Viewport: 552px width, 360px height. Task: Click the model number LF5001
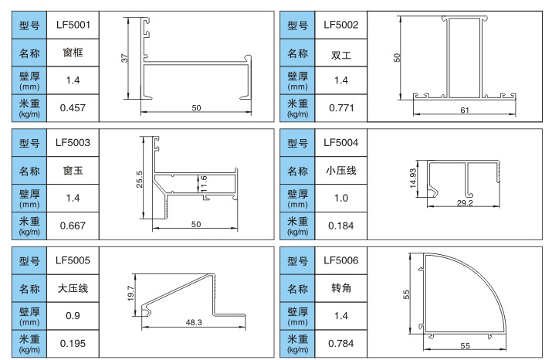[73, 25]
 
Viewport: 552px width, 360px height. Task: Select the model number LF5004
[341, 142]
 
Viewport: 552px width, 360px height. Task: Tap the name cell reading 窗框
[73, 53]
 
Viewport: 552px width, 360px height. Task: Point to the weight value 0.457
[73, 107]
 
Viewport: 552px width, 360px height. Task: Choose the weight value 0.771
[341, 107]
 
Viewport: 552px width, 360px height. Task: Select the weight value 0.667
[73, 226]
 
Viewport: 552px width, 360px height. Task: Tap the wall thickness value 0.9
[73, 315]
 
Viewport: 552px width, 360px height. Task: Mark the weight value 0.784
[341, 342]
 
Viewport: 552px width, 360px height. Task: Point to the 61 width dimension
[465, 111]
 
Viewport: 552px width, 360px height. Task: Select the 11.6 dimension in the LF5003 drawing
[203, 183]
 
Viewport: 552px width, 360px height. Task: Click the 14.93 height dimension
[413, 178]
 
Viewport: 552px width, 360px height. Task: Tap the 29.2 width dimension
[465, 203]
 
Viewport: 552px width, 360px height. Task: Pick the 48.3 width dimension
[195, 322]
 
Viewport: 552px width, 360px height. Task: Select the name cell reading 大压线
[73, 288]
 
